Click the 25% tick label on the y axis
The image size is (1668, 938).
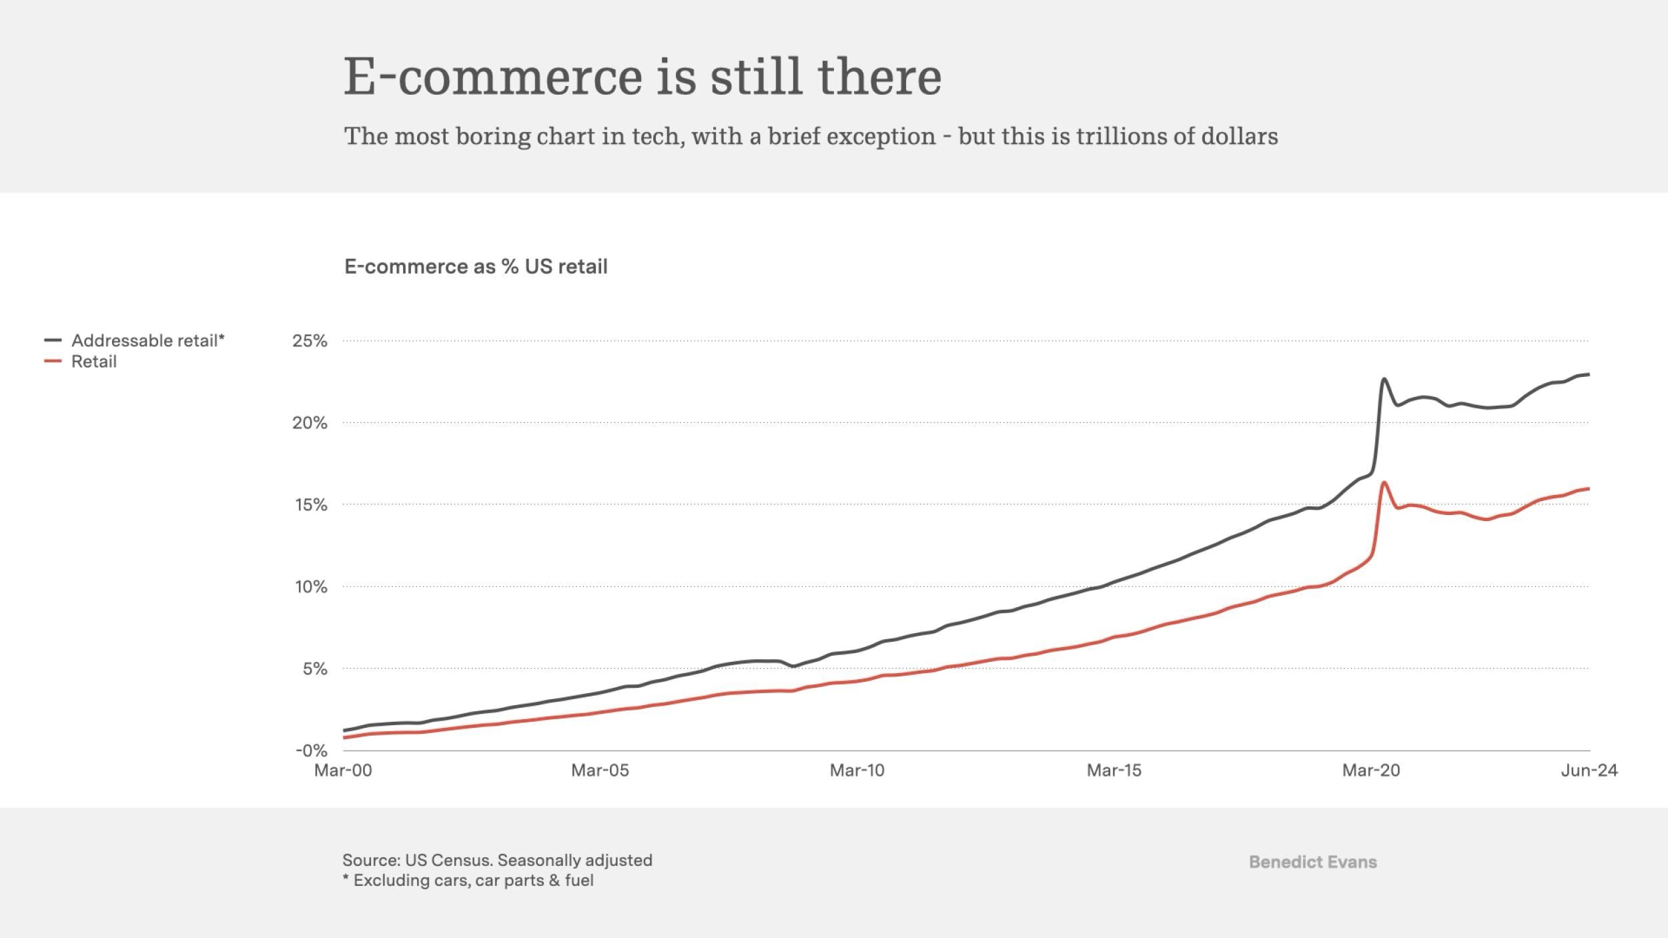click(x=310, y=341)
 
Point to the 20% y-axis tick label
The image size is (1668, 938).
click(x=310, y=423)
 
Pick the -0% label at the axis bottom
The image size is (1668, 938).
click(x=311, y=751)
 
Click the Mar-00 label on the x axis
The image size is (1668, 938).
click(x=343, y=771)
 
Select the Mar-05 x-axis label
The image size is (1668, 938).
click(x=600, y=771)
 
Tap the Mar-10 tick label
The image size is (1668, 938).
click(x=857, y=771)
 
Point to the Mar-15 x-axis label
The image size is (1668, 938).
click(x=1114, y=771)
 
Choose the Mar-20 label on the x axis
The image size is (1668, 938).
click(x=1370, y=771)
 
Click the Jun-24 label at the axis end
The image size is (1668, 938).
click(x=1589, y=771)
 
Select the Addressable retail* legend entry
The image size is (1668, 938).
click(x=147, y=341)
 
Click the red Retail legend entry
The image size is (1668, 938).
click(x=93, y=362)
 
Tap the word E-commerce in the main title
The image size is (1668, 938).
click(x=493, y=77)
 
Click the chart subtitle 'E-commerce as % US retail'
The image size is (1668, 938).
click(x=476, y=267)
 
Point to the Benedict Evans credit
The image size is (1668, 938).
click(x=1312, y=862)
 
